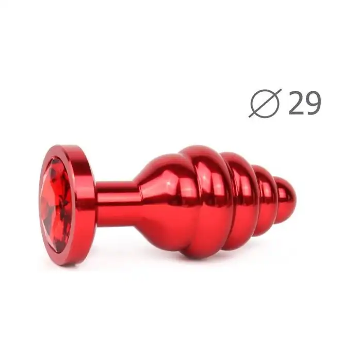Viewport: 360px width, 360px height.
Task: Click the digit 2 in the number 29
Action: click(x=296, y=103)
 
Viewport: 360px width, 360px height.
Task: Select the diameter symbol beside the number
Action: click(x=266, y=103)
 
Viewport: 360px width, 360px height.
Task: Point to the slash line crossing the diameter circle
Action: click(x=266, y=103)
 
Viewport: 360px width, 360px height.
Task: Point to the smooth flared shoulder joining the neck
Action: click(x=156, y=202)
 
